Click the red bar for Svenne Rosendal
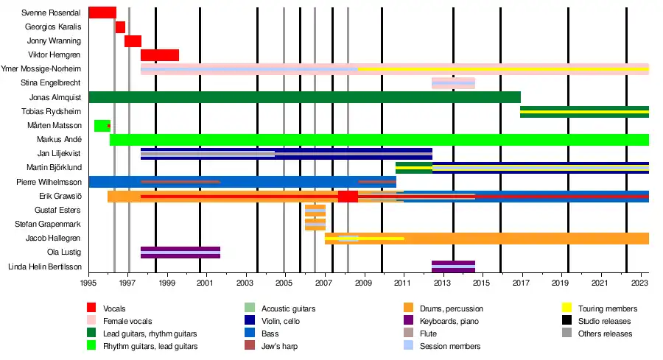[102, 13]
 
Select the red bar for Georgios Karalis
[120, 27]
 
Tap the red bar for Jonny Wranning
[133, 41]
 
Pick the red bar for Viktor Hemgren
[159, 55]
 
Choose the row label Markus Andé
[59, 140]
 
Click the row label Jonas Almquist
[55, 97]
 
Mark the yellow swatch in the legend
[567, 308]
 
